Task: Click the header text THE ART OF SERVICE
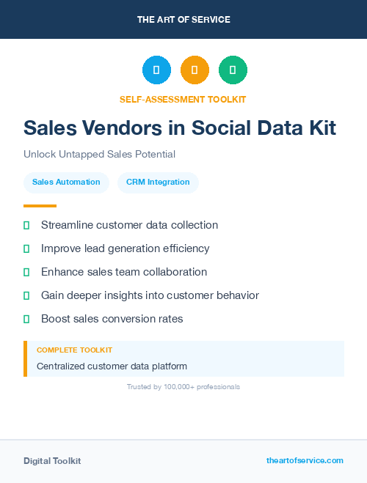coord(183,20)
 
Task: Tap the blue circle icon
coord(156,70)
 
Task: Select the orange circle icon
coord(195,70)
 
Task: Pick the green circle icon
coord(233,70)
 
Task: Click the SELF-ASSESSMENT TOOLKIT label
coord(183,99)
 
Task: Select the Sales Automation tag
coord(66,182)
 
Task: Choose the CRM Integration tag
coord(158,182)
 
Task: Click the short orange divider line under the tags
coord(40,206)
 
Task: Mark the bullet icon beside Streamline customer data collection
coord(26,225)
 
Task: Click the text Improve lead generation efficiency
coord(125,248)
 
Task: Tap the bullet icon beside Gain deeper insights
coord(26,295)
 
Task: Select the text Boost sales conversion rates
coord(112,319)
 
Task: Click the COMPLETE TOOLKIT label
coord(74,350)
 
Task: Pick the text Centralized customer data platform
coord(112,366)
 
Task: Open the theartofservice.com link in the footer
coord(305,460)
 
